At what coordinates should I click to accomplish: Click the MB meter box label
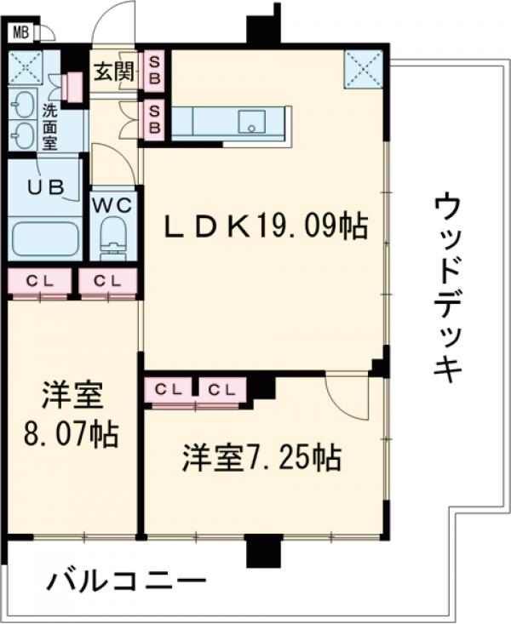point(21,33)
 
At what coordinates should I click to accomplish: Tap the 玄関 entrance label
point(113,72)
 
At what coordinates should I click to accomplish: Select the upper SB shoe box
point(155,71)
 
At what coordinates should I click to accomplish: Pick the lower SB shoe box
point(155,119)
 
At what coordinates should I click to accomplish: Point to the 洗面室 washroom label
point(50,126)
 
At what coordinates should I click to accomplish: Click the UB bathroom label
point(45,188)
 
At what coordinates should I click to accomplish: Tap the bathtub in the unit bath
point(44,238)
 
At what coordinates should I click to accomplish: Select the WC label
point(112,205)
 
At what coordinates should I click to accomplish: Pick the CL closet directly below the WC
point(108,280)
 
